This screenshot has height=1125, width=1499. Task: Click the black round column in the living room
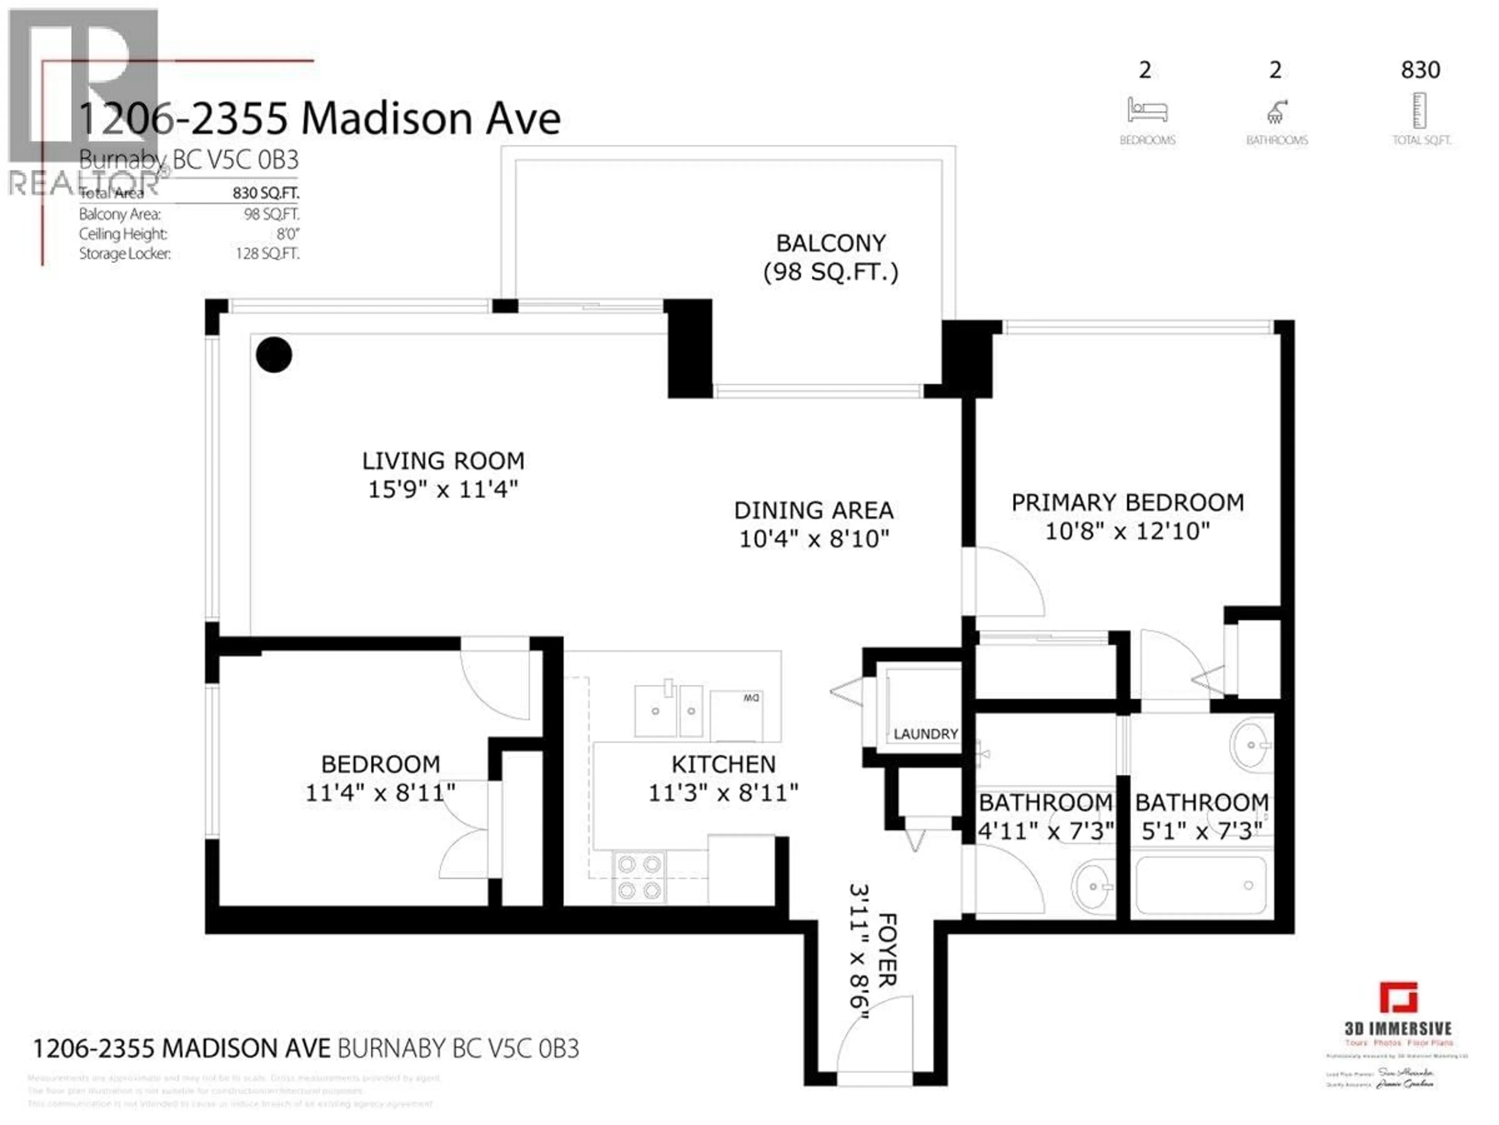pyautogui.click(x=274, y=355)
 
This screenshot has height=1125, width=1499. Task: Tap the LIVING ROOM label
pyautogui.click(x=443, y=461)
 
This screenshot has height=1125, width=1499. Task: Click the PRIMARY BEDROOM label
pyautogui.click(x=1127, y=502)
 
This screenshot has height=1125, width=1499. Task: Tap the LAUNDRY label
pyautogui.click(x=925, y=734)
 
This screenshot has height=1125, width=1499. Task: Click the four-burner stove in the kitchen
pyautogui.click(x=639, y=877)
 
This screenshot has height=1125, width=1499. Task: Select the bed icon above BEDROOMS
pyautogui.click(x=1147, y=110)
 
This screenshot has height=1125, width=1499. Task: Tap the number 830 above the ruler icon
pyautogui.click(x=1421, y=70)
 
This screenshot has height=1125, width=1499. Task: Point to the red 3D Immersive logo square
pyautogui.click(x=1398, y=998)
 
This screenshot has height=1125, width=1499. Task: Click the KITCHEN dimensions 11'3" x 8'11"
pyautogui.click(x=723, y=793)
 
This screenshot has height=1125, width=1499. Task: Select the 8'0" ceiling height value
pyautogui.click(x=287, y=234)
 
